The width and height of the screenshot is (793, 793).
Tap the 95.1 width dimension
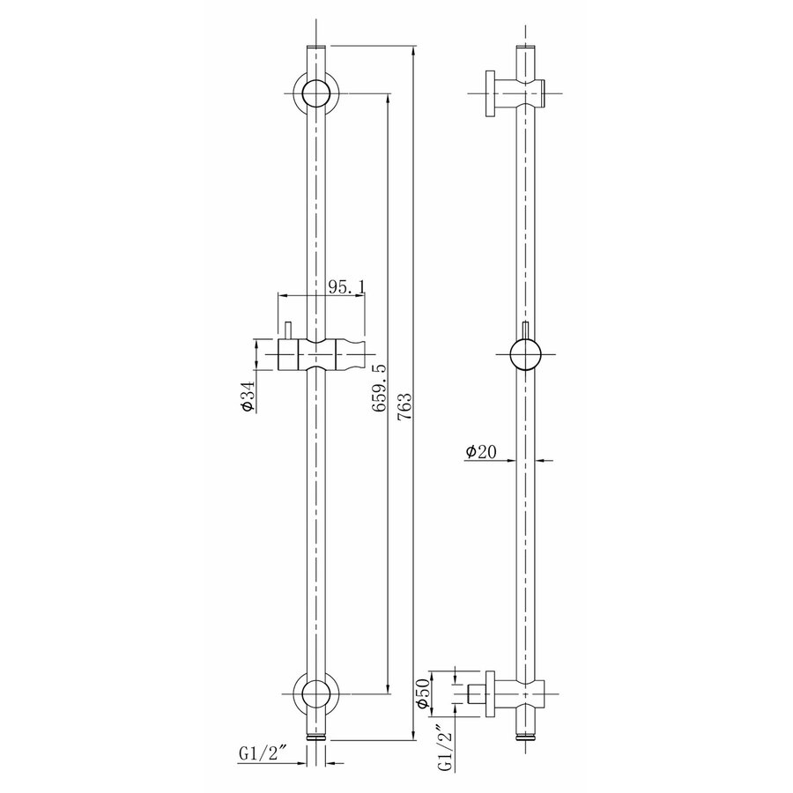(346, 287)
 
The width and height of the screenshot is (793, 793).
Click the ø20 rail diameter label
(481, 452)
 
